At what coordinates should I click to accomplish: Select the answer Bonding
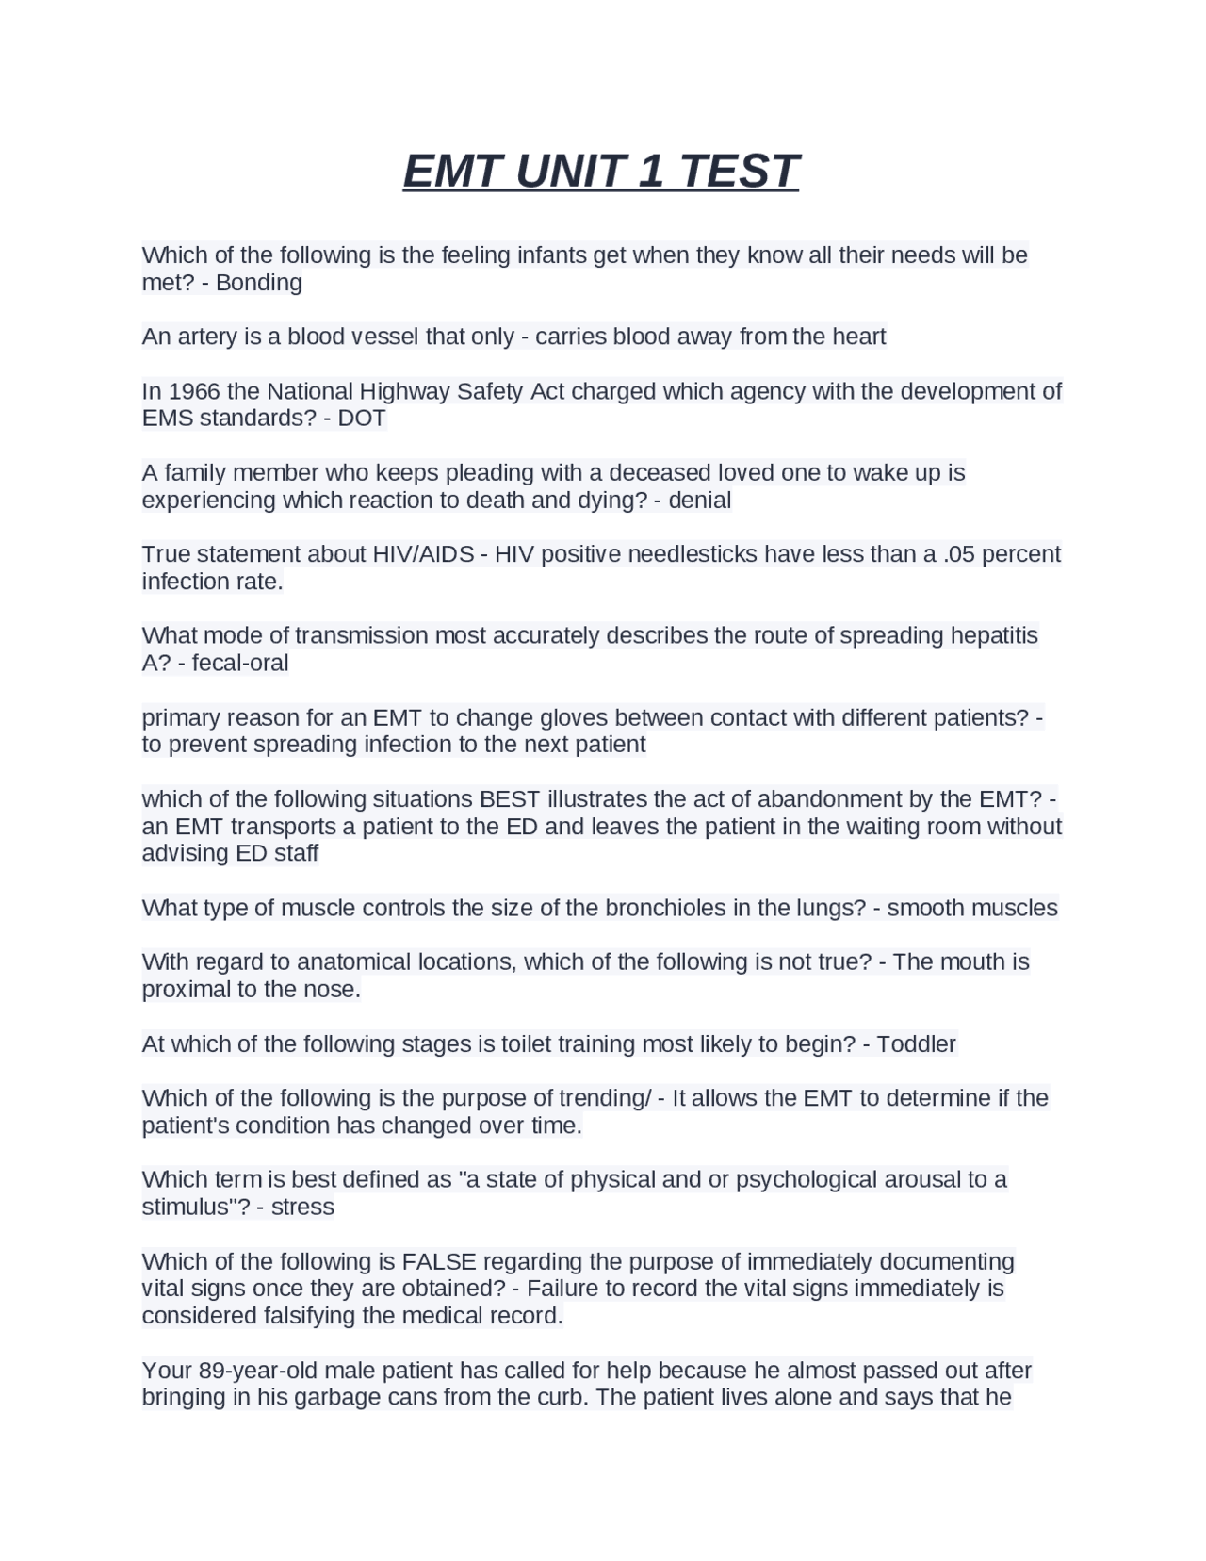click(x=259, y=283)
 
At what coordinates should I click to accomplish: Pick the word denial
click(x=699, y=500)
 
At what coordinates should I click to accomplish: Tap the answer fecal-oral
click(x=240, y=663)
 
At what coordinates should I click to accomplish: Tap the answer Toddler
click(x=916, y=1044)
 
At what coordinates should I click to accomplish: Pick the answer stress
click(x=302, y=1208)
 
